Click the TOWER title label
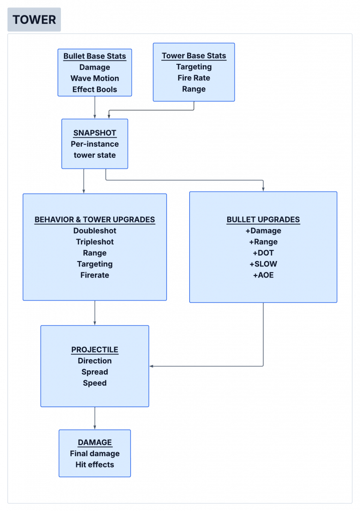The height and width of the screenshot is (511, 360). click(34, 19)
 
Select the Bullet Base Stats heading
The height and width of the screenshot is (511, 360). click(94, 56)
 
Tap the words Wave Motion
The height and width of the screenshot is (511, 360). click(94, 78)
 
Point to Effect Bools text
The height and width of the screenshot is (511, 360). click(94, 89)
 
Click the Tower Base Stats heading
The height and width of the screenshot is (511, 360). click(194, 56)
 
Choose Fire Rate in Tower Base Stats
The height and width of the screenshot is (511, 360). click(194, 78)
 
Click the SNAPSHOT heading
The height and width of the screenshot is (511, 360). click(94, 133)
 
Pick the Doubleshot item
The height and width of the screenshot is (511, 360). click(94, 231)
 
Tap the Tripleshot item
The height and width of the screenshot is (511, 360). click(94, 242)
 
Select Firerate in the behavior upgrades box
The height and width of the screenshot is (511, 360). click(94, 275)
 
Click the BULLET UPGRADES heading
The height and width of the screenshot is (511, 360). click(263, 220)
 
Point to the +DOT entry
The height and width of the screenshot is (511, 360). click(263, 253)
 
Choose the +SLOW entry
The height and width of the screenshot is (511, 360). click(263, 264)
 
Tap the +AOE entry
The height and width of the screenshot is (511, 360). click(263, 275)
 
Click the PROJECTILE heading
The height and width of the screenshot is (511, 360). click(94, 350)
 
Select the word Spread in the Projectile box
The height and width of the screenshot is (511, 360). click(94, 372)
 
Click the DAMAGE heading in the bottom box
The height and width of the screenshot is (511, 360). click(94, 443)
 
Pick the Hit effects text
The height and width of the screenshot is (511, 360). click(94, 465)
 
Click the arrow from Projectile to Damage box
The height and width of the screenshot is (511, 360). click(94, 418)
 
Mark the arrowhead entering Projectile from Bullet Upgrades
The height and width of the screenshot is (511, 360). click(151, 366)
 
